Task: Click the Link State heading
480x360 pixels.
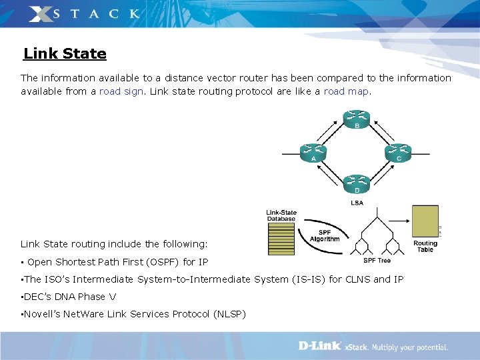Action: (65, 53)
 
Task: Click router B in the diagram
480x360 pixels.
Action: (357, 117)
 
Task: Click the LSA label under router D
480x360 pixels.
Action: (357, 203)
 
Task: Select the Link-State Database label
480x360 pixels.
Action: (281, 215)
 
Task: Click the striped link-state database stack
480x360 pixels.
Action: (281, 238)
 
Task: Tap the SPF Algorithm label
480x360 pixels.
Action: (325, 235)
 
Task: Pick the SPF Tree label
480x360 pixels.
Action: (377, 260)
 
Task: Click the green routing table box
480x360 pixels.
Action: (425, 221)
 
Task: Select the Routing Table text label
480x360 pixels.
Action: (425, 247)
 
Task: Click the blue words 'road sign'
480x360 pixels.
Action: (121, 91)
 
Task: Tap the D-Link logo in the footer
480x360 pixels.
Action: (319, 347)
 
